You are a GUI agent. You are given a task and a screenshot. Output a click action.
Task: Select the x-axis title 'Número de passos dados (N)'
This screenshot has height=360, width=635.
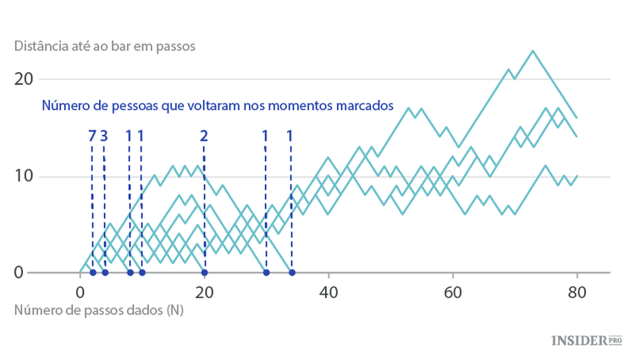coord(99,310)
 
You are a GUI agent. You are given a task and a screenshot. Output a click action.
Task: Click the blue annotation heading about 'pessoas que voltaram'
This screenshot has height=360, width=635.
coord(218,106)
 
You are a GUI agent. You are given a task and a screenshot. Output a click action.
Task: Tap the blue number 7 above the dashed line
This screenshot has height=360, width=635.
coord(91,135)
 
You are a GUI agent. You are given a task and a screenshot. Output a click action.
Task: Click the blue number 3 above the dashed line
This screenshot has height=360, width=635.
coord(104,135)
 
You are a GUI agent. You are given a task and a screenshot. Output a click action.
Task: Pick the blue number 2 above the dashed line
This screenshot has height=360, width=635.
coord(204,135)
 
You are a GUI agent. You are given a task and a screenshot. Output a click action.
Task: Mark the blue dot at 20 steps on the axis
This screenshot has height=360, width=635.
coord(204,273)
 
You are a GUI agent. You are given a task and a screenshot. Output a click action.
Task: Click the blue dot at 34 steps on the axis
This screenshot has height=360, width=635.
coord(291,273)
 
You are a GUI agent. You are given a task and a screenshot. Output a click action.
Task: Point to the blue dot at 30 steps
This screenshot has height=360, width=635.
coord(266,273)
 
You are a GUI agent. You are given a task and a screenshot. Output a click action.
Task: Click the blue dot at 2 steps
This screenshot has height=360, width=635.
coord(92,273)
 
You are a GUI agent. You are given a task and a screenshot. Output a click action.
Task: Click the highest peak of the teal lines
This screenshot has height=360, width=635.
coord(533,51)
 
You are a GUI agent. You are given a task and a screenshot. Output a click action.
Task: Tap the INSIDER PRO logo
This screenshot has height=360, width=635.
coord(587,340)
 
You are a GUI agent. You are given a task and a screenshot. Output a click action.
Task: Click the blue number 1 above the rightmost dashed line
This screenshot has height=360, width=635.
coord(290,135)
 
